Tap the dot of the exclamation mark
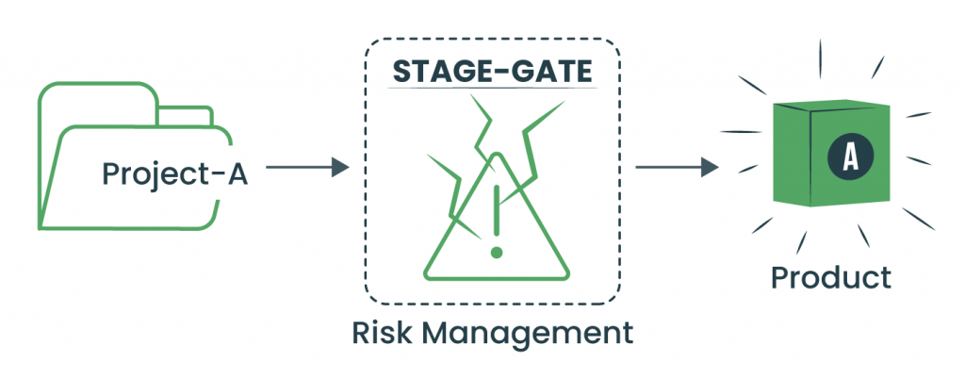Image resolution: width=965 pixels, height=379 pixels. (497, 253)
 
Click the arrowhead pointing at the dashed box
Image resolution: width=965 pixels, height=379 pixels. (340, 169)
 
